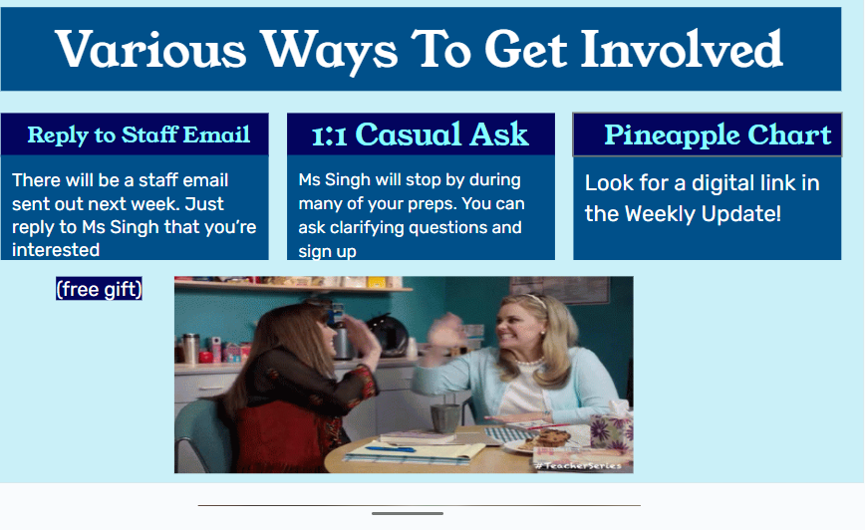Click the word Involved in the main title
point(682,49)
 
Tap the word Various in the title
point(150,49)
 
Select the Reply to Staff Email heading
point(139,134)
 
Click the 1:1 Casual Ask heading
point(421,134)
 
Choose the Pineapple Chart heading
point(718,134)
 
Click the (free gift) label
point(99,289)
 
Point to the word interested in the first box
point(56,250)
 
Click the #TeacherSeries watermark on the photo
point(578,466)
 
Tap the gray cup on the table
point(444,418)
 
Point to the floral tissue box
point(611,430)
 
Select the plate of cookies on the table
point(542,440)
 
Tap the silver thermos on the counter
point(191,348)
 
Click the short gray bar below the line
point(408,513)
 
